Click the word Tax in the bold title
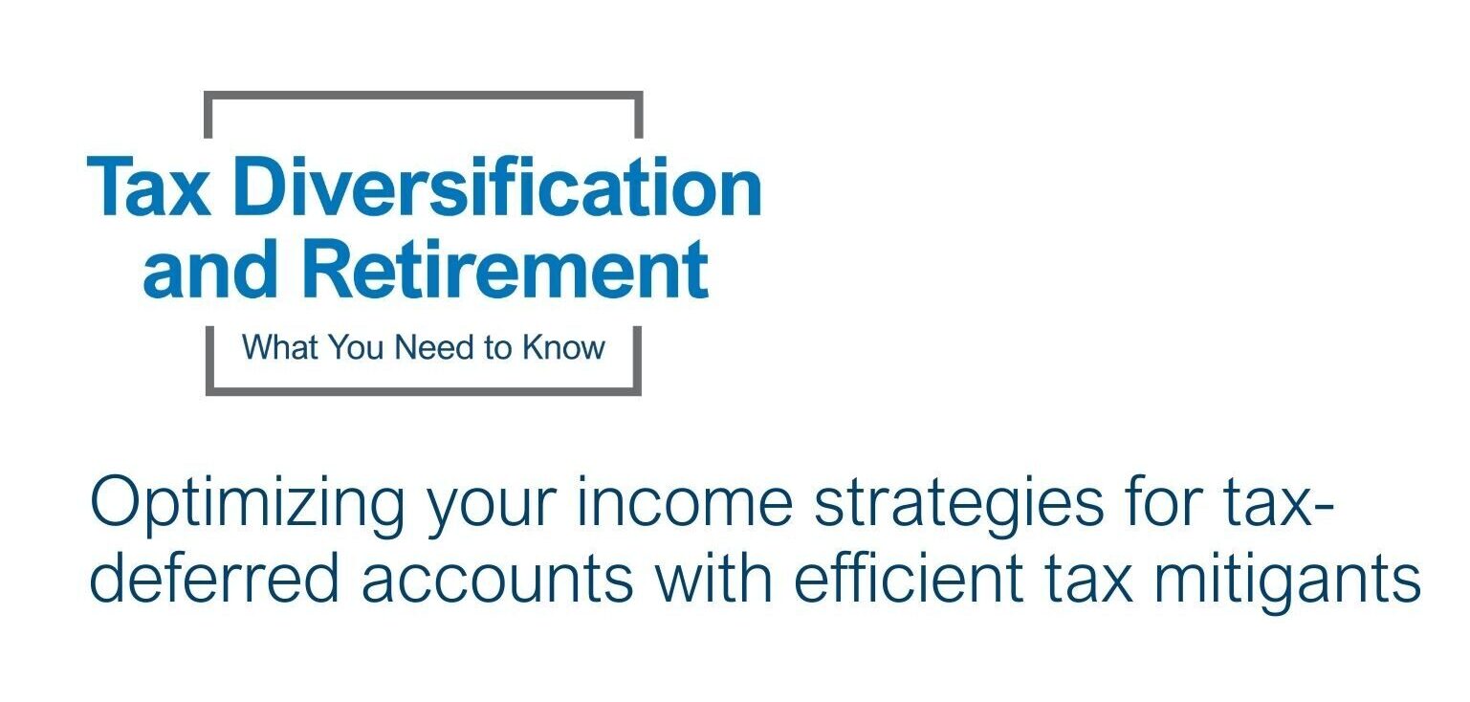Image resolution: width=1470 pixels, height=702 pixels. coord(148,187)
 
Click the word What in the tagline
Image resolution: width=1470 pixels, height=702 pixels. coord(280,347)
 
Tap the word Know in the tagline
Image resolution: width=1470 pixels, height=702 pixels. coord(563,347)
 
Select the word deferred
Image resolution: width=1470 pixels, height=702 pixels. coord(214,577)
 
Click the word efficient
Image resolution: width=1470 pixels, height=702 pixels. coord(909,577)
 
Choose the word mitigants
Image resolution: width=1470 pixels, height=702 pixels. coord(1287,581)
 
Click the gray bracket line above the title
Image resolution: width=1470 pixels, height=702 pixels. coord(424,96)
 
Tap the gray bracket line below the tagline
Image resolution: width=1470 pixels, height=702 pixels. coord(424,391)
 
